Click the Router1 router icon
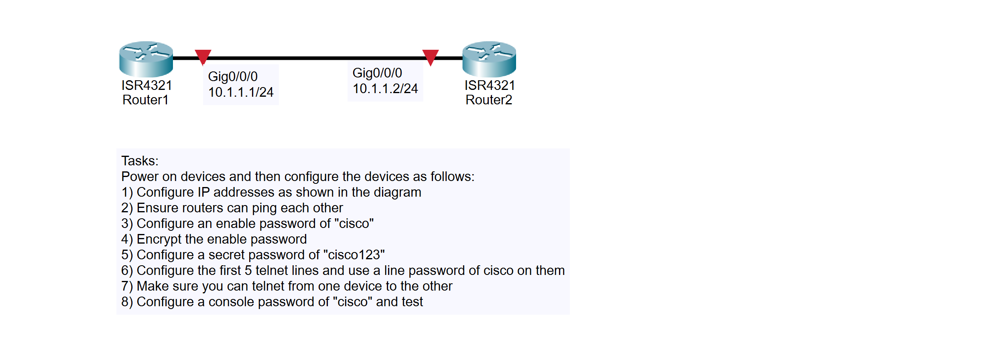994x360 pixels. pos(146,59)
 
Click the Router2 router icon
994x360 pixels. pos(489,59)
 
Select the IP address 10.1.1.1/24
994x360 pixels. pos(240,92)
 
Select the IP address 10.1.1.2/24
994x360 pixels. pos(385,89)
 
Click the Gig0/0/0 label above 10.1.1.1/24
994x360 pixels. pos(233,76)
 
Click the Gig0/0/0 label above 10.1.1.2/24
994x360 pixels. pos(377,73)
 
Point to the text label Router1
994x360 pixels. pos(145,100)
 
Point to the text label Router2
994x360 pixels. pos(489,100)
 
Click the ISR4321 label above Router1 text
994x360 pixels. pos(147,85)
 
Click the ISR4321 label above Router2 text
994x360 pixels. pos(490,85)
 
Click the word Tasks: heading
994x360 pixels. pos(140,161)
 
